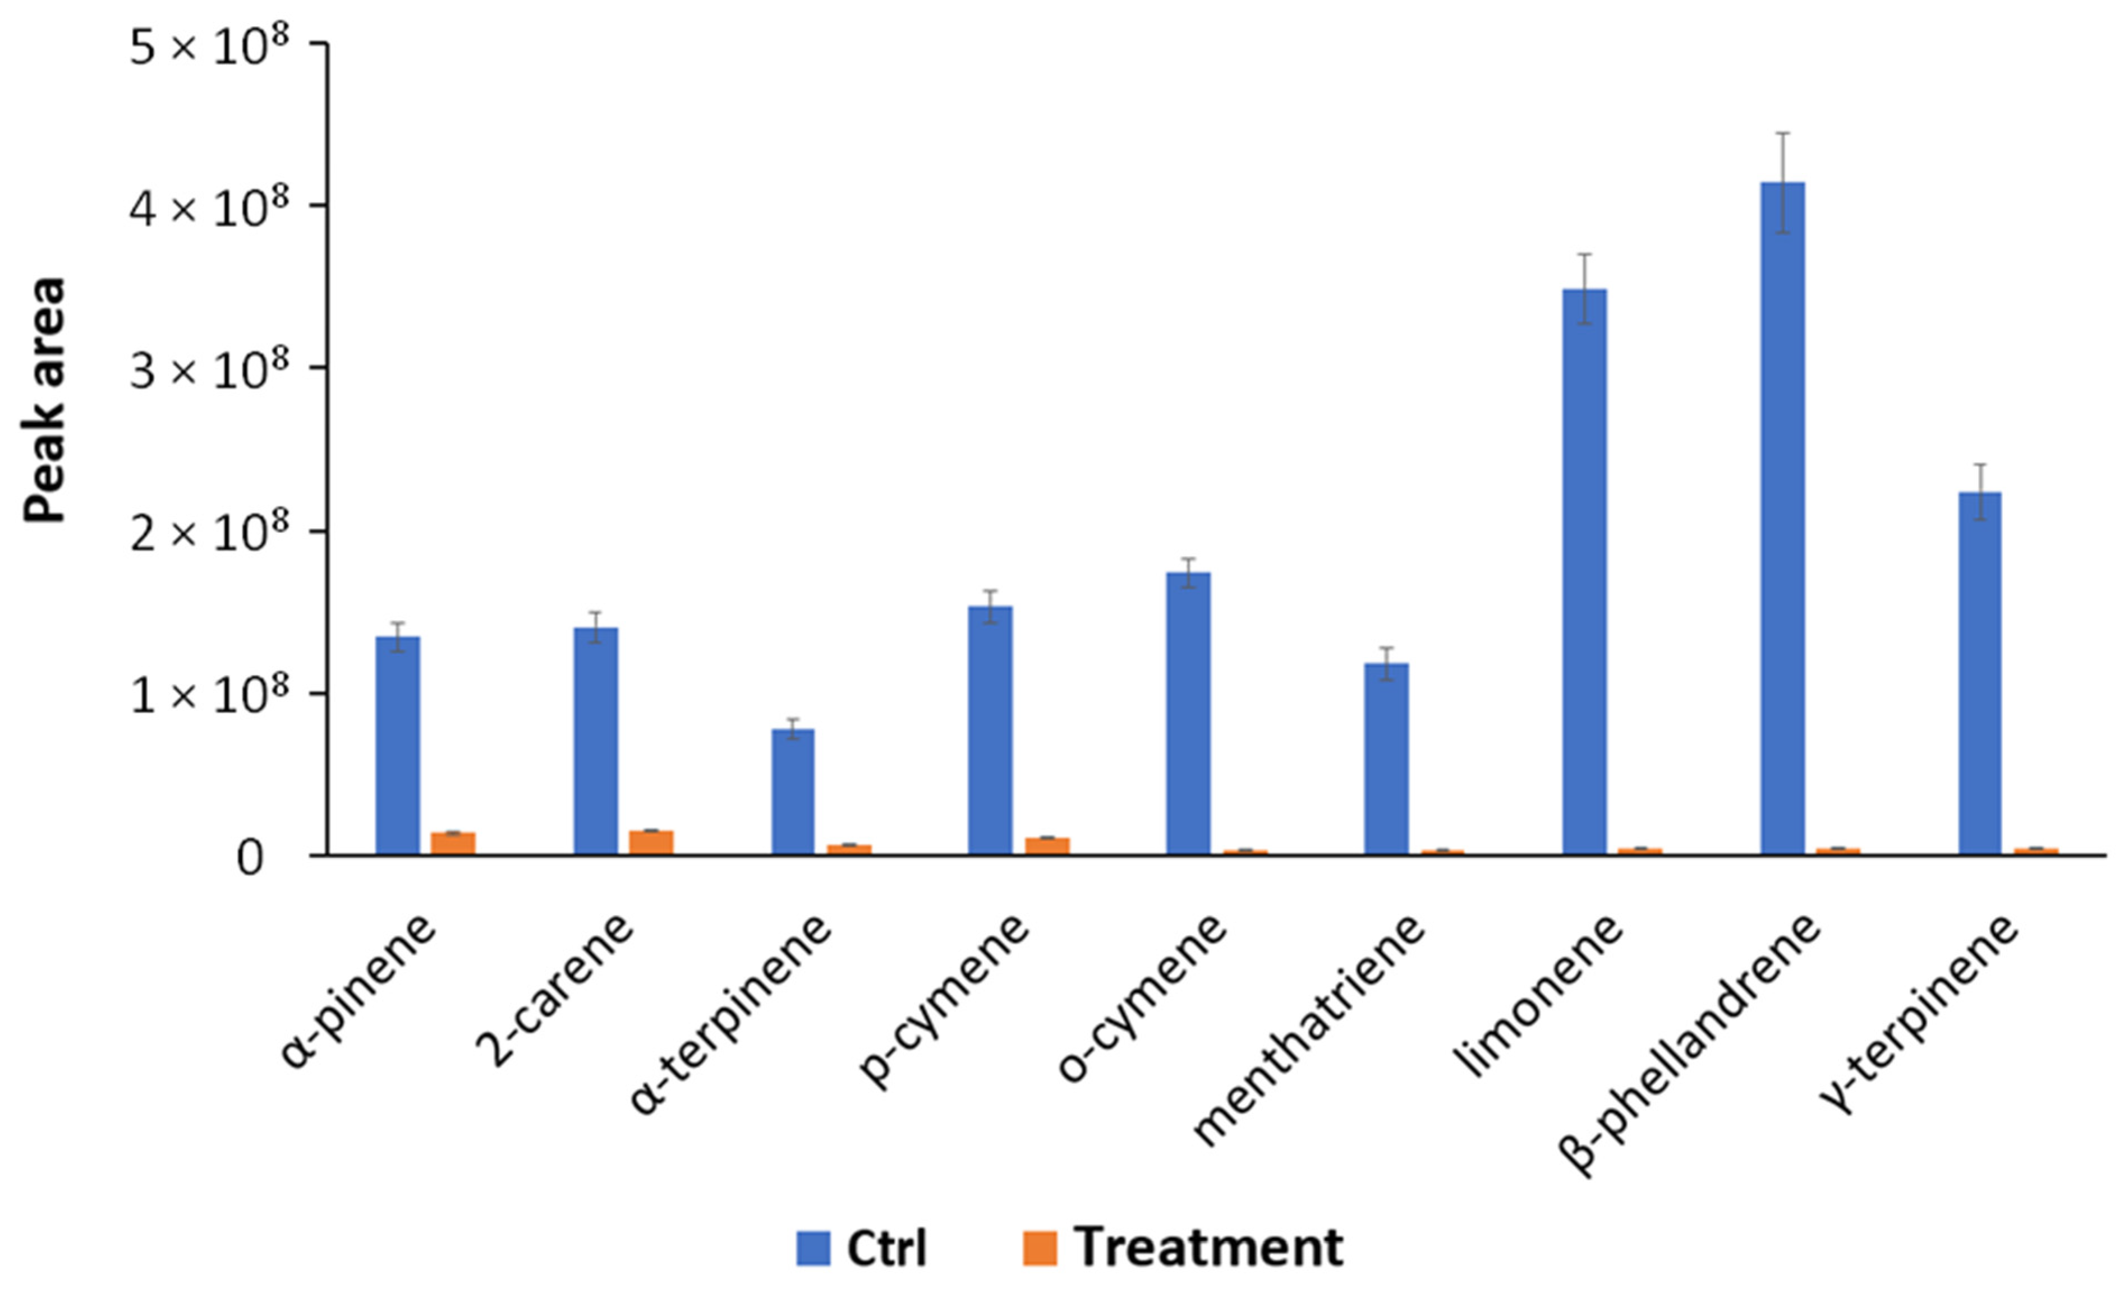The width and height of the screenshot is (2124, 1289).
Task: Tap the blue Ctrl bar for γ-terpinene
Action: click(1980, 672)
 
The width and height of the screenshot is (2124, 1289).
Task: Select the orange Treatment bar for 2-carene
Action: click(651, 841)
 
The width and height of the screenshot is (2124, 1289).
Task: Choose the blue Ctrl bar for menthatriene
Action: click(1386, 757)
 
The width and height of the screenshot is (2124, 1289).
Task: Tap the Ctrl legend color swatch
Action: click(813, 1248)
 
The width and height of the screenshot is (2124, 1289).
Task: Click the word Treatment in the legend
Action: click(1208, 1248)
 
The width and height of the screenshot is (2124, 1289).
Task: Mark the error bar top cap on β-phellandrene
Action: click(1783, 133)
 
